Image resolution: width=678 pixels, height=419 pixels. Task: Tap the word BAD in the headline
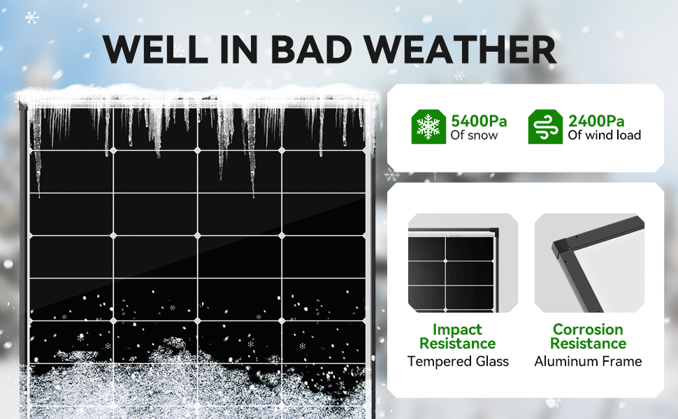point(311,49)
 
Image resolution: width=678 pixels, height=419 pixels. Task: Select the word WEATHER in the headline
point(460,49)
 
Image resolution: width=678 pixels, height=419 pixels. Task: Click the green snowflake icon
point(428,126)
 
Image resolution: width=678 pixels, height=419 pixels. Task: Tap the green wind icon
point(545,126)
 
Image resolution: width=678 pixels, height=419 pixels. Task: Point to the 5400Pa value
point(479,121)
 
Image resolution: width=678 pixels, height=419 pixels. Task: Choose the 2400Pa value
point(596,121)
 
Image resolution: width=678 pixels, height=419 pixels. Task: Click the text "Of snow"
point(474,135)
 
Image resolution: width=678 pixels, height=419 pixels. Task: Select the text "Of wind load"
point(604,135)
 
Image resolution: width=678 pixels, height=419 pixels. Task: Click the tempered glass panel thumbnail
point(463,263)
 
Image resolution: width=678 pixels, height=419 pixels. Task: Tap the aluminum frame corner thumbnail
point(589,263)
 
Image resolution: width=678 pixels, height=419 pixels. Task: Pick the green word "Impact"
point(457,329)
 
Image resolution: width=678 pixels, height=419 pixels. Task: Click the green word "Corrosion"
point(588,329)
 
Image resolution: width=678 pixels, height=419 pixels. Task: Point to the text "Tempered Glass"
point(458,361)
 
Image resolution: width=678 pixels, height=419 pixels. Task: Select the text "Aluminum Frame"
point(588,361)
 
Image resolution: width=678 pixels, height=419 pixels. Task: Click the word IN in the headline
point(239,49)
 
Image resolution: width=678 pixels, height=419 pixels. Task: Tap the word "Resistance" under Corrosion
point(588,344)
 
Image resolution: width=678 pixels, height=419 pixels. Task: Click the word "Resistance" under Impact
point(458,344)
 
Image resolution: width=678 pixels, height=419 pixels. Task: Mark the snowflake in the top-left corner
point(31,17)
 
